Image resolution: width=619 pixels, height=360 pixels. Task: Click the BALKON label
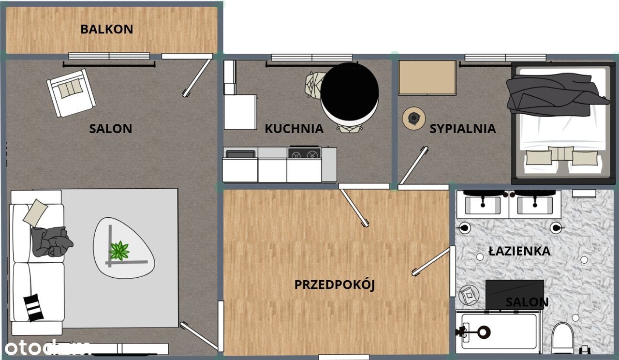107,30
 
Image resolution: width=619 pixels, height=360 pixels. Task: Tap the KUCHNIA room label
294,129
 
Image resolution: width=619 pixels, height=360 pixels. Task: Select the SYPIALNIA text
463,129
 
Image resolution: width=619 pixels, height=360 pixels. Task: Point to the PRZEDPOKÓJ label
334,285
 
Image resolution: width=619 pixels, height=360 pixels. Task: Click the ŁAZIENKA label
519,251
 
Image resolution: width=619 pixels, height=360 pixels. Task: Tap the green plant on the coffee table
119,251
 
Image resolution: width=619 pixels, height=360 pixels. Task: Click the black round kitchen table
350,92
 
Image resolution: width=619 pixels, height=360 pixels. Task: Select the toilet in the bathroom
563,338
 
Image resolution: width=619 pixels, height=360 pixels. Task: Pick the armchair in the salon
71,93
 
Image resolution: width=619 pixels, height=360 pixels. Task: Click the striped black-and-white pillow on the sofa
33,307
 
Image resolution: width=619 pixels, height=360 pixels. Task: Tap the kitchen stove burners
304,153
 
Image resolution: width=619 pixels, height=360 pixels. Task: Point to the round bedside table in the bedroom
413,118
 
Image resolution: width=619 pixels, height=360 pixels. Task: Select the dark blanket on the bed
556,94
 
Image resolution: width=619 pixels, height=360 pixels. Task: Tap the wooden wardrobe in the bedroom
427,78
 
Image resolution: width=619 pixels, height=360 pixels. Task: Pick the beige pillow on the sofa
35,212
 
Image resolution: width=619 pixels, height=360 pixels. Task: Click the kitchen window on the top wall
312,58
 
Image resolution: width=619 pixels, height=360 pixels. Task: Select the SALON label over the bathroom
527,302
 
